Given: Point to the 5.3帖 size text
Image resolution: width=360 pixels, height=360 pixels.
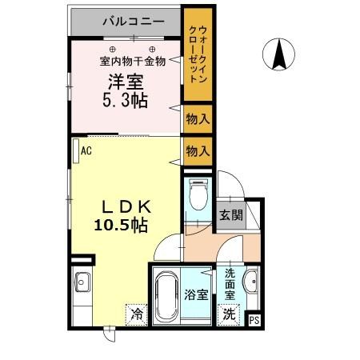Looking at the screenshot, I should tap(124, 101).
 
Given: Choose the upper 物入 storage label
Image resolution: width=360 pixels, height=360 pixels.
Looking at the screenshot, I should tap(198, 119).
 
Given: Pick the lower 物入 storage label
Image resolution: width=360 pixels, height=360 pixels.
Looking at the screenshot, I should tap(198, 150).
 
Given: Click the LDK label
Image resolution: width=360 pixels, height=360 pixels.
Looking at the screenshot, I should tap(121, 206).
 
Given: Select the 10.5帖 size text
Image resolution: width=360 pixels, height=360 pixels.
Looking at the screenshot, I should tap(121, 226).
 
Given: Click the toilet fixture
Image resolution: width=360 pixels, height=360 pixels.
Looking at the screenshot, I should tap(198, 192).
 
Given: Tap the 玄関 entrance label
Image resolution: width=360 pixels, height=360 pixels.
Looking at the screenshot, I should tap(231, 215).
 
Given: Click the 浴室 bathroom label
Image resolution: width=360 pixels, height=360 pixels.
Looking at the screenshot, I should tap(198, 294).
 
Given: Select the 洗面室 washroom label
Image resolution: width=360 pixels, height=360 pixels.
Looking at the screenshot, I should tap(230, 284).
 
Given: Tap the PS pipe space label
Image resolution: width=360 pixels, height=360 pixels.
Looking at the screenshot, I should tap(254, 320).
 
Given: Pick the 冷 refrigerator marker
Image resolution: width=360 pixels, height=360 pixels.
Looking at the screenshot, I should tap(137, 314).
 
